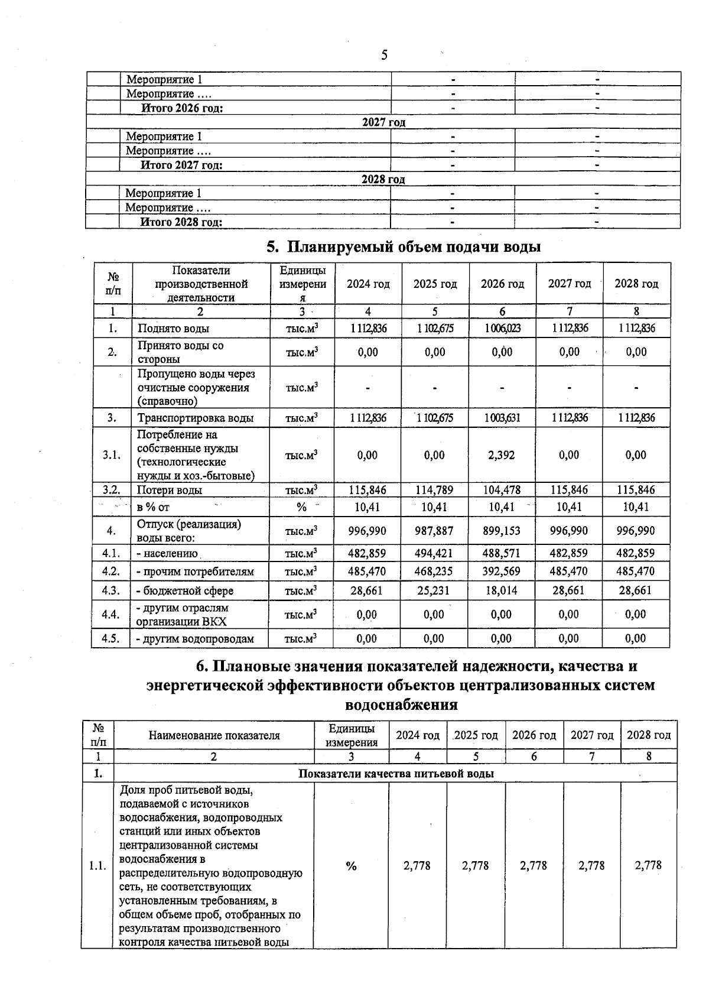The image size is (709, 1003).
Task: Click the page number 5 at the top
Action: [x=384, y=56]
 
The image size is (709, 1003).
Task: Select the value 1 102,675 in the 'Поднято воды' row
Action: [x=435, y=329]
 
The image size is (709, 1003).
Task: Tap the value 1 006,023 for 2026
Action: [x=502, y=329]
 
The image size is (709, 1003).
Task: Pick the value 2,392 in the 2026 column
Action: [x=502, y=455]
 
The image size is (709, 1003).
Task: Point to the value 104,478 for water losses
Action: [x=502, y=490]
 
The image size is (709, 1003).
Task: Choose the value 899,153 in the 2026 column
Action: [x=502, y=531]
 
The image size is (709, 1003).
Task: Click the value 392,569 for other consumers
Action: [x=502, y=572]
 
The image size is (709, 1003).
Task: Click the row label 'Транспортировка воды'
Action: [x=196, y=418]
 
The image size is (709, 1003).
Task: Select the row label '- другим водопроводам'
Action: [x=195, y=639]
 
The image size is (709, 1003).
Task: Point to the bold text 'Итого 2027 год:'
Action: [x=181, y=165]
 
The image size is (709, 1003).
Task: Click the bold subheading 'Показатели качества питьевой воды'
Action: [x=396, y=774]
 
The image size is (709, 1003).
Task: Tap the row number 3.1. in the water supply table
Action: [x=112, y=455]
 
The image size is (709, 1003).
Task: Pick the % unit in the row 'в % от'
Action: [x=301, y=507]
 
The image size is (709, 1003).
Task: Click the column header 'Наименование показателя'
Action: [x=214, y=736]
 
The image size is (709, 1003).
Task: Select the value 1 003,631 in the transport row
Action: [x=502, y=418]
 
